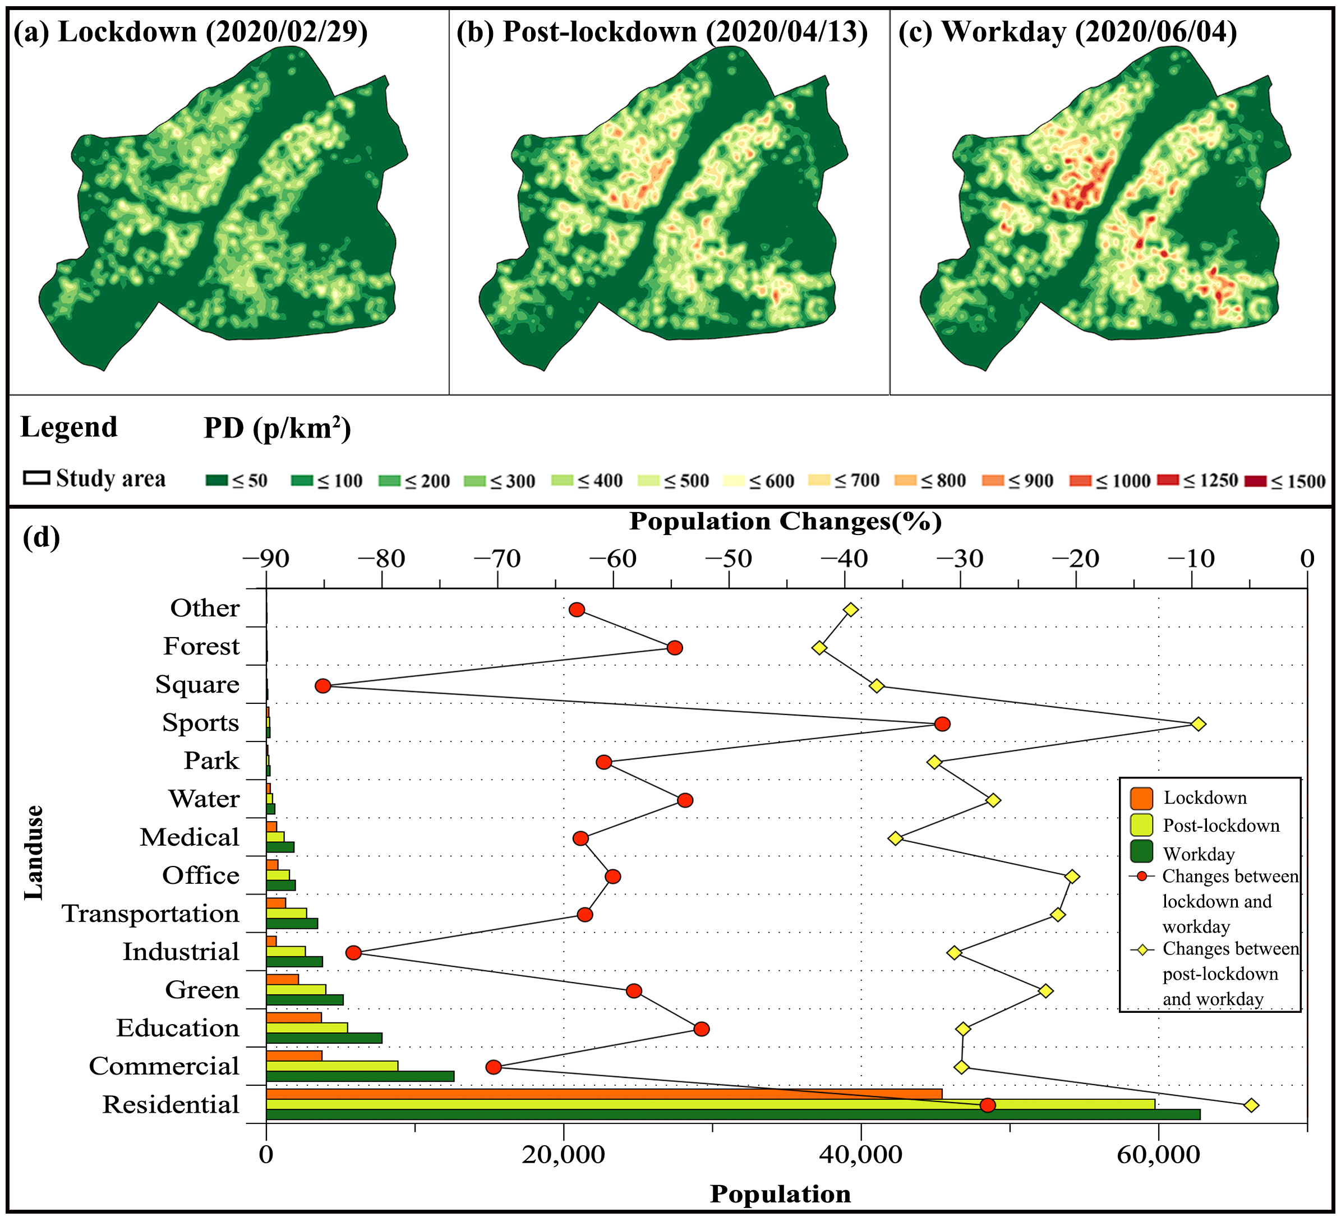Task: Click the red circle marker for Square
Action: pyautogui.click(x=322, y=686)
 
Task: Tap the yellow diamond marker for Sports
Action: pyautogui.click(x=1198, y=724)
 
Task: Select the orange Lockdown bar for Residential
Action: pyautogui.click(x=603, y=1094)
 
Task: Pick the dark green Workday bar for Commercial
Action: pyautogui.click(x=360, y=1076)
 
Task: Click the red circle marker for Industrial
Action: pyautogui.click(x=353, y=953)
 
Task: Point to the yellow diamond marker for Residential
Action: pyautogui.click(x=1251, y=1105)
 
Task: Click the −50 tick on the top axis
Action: pyautogui.click(x=729, y=560)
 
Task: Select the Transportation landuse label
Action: pyautogui.click(x=150, y=914)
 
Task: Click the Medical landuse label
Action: pyautogui.click(x=189, y=838)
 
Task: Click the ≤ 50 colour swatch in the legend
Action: pyautogui.click(x=217, y=481)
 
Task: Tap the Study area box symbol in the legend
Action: pyautogui.click(x=36, y=478)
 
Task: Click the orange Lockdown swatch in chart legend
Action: pyautogui.click(x=1141, y=798)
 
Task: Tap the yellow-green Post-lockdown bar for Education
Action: pyautogui.click(x=307, y=1028)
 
